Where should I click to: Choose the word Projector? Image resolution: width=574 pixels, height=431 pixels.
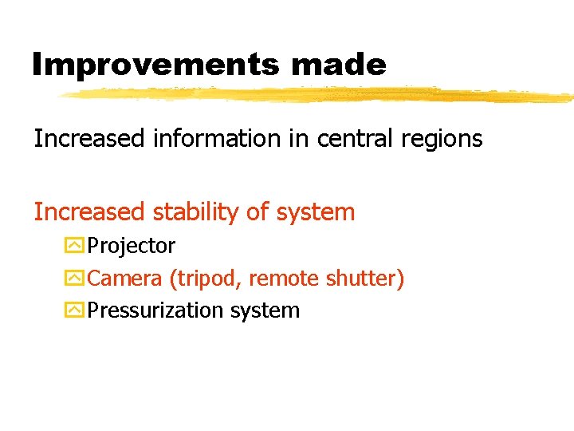pos(131,247)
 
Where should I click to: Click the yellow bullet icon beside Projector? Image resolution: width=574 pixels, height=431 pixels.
pos(75,246)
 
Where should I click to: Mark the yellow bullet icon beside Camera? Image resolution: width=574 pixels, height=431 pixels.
pos(75,279)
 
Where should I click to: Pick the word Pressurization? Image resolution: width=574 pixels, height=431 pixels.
pos(155,310)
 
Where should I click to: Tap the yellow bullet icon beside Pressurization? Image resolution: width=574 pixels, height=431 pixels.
pos(75,310)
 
